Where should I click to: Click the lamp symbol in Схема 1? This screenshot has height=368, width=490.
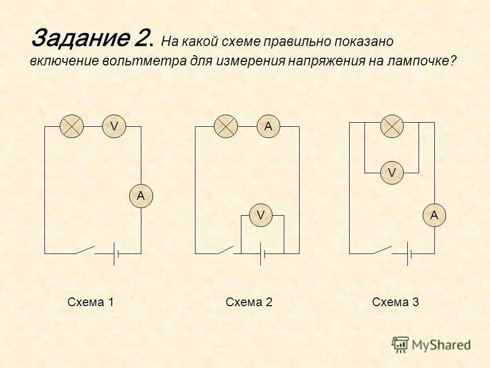click(x=72, y=126)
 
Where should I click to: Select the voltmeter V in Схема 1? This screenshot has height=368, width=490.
click(x=114, y=126)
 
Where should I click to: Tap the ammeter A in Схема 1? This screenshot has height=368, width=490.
click(x=140, y=195)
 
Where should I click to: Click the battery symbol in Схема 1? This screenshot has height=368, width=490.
click(x=116, y=254)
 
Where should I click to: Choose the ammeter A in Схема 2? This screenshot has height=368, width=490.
click(x=268, y=126)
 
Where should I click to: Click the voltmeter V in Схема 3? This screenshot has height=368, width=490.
click(x=392, y=173)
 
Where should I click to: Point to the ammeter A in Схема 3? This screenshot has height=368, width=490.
click(x=434, y=216)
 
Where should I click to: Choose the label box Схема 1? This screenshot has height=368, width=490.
click(x=90, y=302)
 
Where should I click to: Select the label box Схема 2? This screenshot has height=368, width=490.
click(x=249, y=302)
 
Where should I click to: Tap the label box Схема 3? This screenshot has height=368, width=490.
click(x=396, y=302)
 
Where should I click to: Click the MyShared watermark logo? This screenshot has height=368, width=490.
click(x=432, y=344)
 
